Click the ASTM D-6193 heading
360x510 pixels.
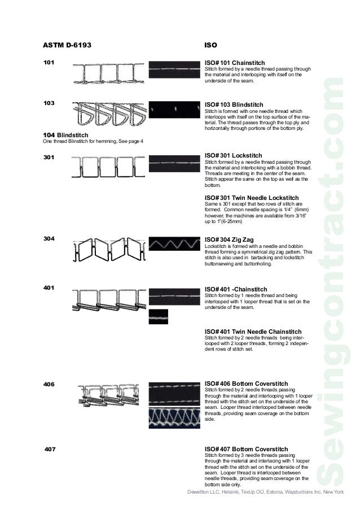click(x=67, y=43)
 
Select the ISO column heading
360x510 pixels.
click(x=210, y=43)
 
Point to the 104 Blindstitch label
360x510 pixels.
click(x=65, y=135)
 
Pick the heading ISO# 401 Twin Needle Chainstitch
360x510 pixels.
click(x=252, y=332)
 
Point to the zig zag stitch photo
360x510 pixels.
click(x=173, y=245)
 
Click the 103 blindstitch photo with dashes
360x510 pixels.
click(x=173, y=108)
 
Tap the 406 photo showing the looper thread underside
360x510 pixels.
click(x=173, y=419)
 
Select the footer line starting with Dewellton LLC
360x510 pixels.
click(x=265, y=492)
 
